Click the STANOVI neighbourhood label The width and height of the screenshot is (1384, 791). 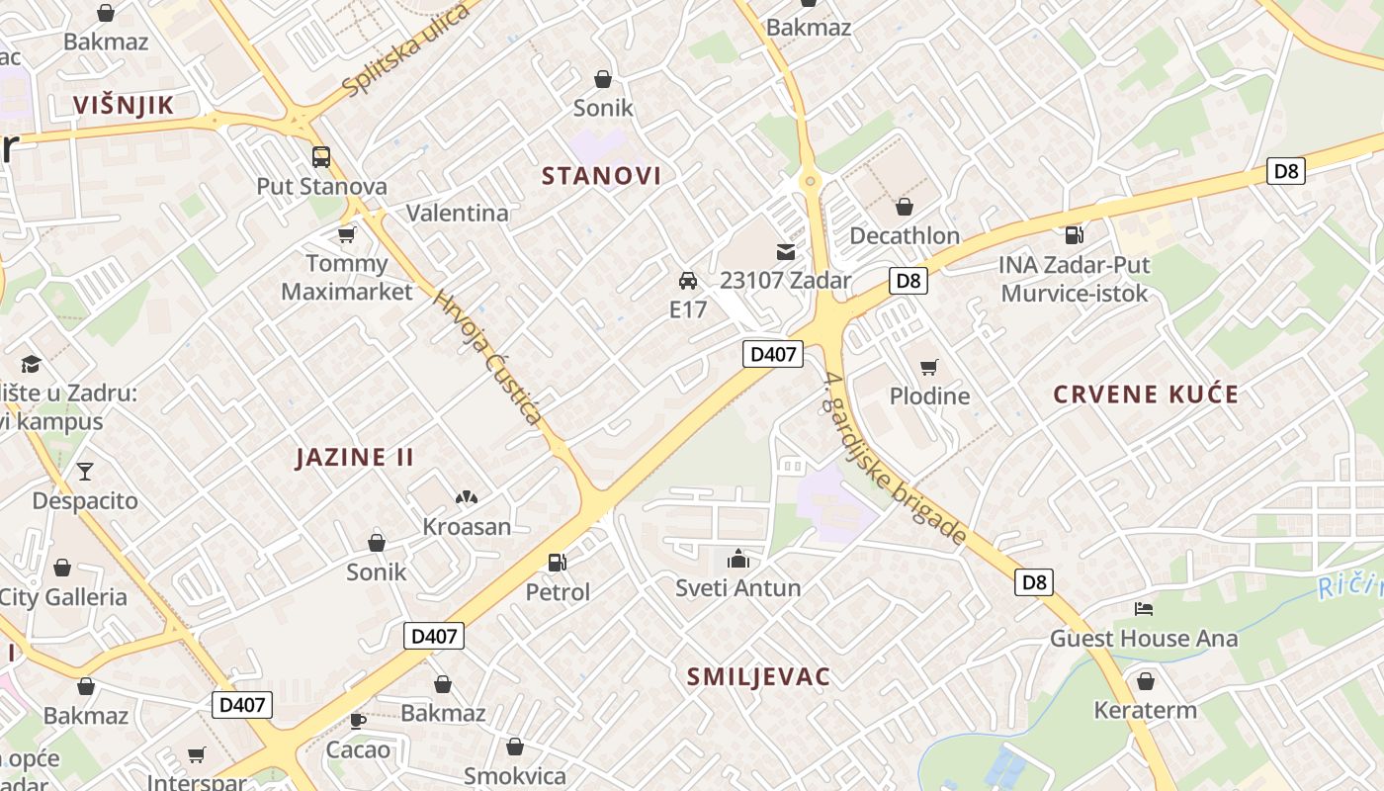[601, 176]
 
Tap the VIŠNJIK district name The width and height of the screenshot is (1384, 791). [124, 106]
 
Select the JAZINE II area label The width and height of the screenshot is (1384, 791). [355, 457]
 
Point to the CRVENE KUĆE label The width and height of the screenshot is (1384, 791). [1145, 395]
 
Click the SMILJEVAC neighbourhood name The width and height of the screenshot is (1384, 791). [758, 676]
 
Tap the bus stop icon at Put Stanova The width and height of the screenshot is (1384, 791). [321, 156]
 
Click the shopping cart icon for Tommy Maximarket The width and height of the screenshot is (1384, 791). [346, 234]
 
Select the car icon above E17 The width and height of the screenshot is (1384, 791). [688, 280]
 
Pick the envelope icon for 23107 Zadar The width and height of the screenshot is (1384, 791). [785, 252]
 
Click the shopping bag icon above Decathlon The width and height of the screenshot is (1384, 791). [904, 207]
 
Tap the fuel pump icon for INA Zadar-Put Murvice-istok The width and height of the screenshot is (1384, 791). [1074, 235]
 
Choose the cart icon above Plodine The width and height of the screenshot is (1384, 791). [928, 368]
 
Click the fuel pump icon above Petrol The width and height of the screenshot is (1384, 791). [558, 563]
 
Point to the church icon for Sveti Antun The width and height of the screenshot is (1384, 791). [737, 559]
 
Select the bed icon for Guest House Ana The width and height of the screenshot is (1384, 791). [1144, 608]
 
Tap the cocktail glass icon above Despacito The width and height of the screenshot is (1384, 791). [85, 471]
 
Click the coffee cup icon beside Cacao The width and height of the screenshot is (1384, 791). [357, 721]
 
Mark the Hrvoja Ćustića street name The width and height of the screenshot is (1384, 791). [488, 358]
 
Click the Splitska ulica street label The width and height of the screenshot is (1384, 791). [405, 51]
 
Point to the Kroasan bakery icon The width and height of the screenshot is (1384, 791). [467, 497]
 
